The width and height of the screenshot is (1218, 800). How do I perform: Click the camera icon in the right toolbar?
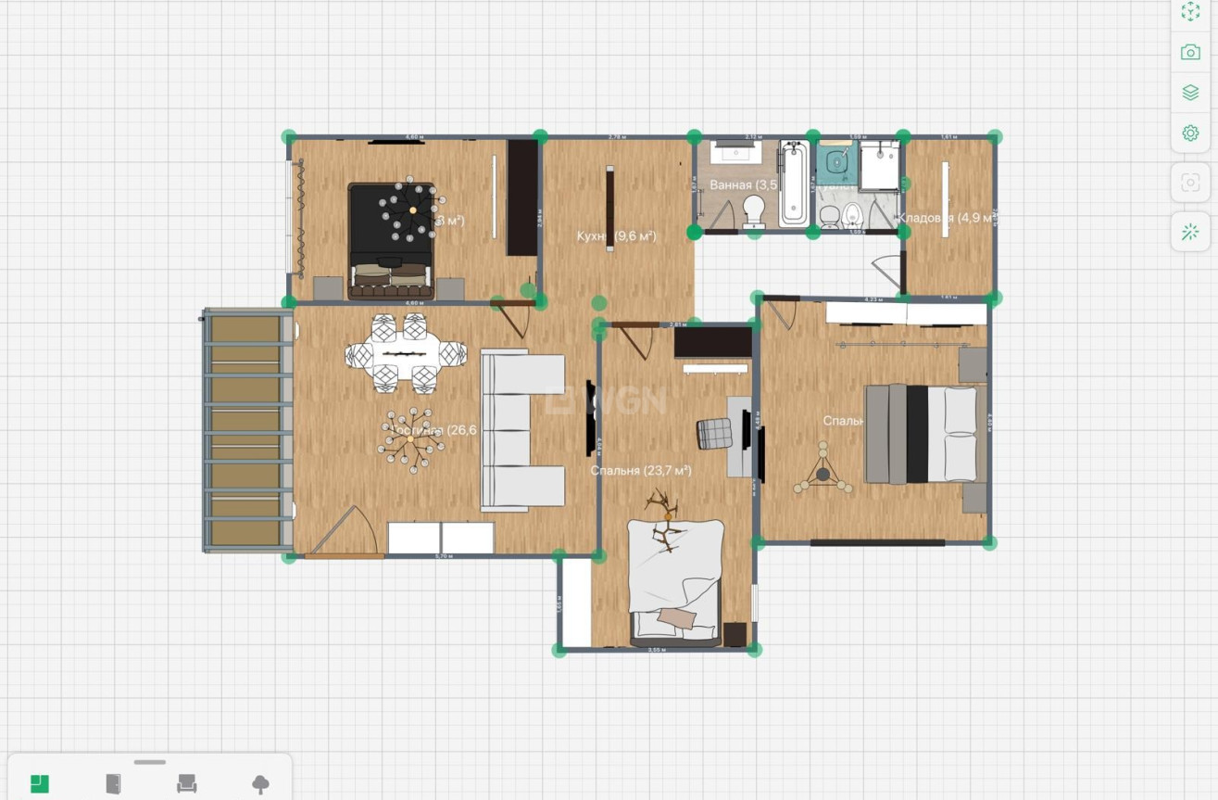[1190, 52]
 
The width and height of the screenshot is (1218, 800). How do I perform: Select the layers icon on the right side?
[1190, 93]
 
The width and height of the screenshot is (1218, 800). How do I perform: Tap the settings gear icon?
[1190, 133]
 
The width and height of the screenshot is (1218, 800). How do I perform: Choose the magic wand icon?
[1190, 232]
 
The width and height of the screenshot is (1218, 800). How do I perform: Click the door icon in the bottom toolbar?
[113, 783]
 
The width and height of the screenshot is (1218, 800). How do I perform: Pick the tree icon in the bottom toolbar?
[261, 784]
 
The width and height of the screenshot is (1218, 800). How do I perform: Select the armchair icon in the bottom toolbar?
[187, 783]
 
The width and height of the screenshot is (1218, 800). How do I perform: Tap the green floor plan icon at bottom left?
[39, 783]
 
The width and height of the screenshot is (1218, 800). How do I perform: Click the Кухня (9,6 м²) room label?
[616, 236]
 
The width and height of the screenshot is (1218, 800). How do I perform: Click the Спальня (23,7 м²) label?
[641, 471]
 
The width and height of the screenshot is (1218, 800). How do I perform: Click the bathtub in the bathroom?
[794, 183]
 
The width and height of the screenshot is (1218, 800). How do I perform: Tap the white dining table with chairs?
[406, 353]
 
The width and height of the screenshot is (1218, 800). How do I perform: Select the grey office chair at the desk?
[714, 432]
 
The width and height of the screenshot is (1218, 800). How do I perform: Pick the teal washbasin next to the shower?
[836, 164]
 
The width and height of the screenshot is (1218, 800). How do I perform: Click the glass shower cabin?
[879, 167]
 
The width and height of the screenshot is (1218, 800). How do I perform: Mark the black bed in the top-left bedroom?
[390, 240]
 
